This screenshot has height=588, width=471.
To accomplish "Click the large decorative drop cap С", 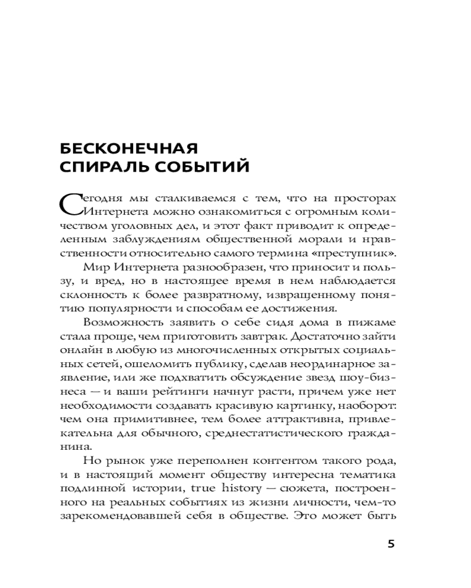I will (x=71, y=204).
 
